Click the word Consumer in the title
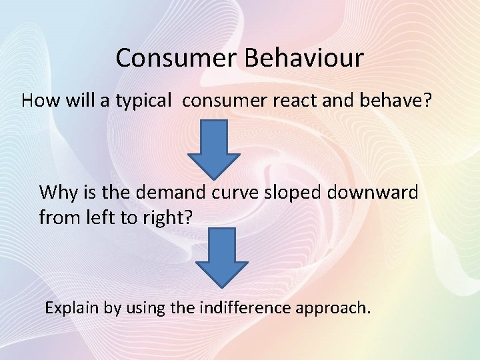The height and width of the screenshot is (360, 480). [177, 58]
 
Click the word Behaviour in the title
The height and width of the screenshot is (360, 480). [304, 58]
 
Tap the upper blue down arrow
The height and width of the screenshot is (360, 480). [213, 148]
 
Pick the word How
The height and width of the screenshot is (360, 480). [35, 101]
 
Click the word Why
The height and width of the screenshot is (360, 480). [55, 193]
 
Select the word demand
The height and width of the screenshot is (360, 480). [171, 193]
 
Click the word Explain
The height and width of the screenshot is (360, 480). [70, 308]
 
